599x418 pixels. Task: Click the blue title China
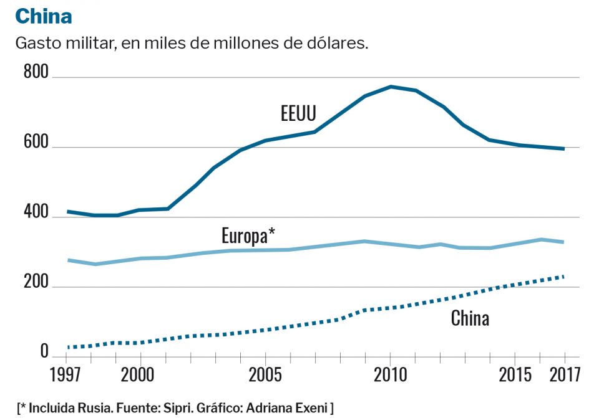44,16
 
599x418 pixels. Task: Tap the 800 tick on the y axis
36,73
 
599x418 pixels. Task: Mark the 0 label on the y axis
44,352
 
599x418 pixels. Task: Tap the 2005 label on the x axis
265,375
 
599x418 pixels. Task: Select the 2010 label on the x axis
390,375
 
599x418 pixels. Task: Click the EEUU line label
298,113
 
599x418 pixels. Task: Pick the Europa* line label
248,236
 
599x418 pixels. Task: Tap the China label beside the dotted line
470,319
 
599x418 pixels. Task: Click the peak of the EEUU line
391,87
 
